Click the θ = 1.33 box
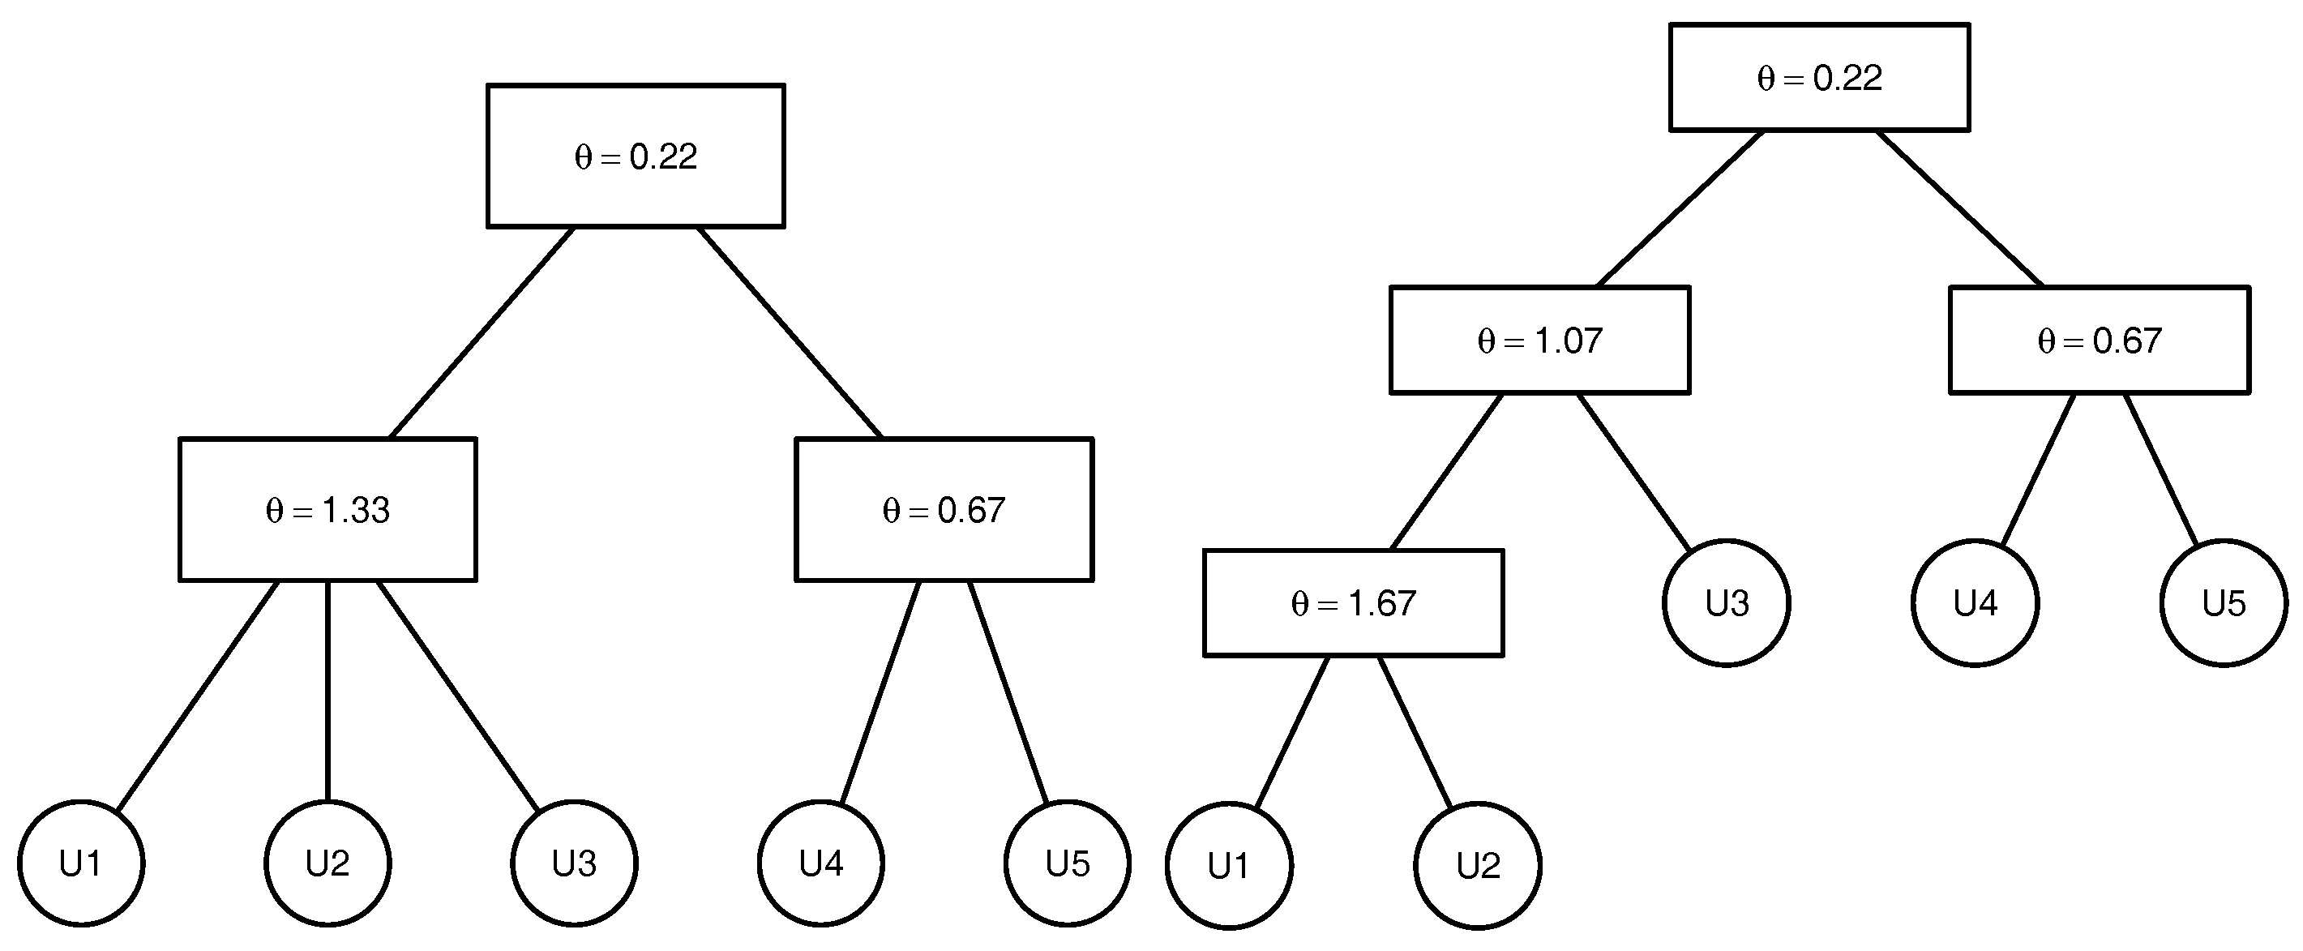[327, 509]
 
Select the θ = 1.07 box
[1539, 340]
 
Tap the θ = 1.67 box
[1354, 603]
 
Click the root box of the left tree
[636, 156]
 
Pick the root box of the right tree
[1819, 78]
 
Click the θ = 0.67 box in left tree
[944, 509]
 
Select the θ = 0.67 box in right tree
[2100, 340]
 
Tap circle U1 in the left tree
[80, 863]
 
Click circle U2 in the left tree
[327, 863]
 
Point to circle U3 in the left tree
[574, 863]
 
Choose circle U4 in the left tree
[820, 863]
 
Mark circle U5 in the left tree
[1068, 863]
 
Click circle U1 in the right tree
[1228, 865]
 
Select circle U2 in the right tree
[1477, 865]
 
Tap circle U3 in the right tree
[1727, 603]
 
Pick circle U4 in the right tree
[1975, 603]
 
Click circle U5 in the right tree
[2224, 603]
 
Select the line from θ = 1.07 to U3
[1634, 471]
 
